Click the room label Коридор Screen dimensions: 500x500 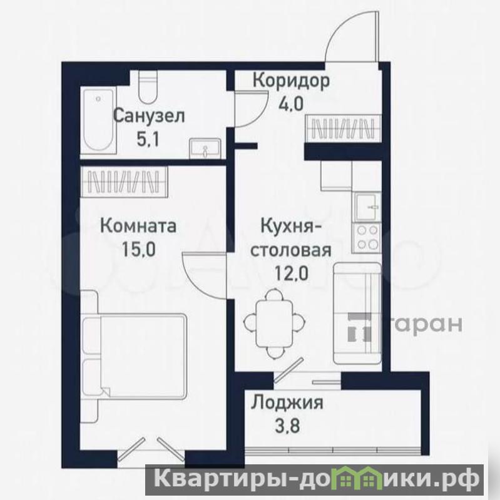click(291, 81)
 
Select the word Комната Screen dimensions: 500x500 click(138, 226)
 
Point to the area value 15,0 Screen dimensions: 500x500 click(139, 250)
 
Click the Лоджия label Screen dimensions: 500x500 click(287, 404)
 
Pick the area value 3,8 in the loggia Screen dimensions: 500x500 click(287, 426)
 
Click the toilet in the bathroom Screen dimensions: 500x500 click(148, 86)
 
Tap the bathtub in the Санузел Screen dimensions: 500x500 click(98, 121)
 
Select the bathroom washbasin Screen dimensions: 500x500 click(205, 148)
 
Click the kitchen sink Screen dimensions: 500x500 click(368, 207)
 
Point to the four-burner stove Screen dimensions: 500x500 click(367, 237)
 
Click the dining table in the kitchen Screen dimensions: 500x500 click(275, 324)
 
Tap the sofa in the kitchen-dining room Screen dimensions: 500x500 click(357, 314)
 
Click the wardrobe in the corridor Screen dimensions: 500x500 click(344, 128)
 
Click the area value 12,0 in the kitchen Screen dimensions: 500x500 click(292, 273)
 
